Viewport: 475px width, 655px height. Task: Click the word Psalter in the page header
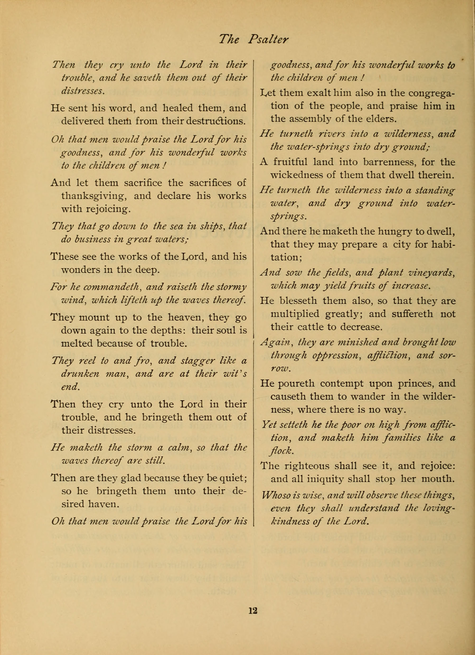coord(268,39)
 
